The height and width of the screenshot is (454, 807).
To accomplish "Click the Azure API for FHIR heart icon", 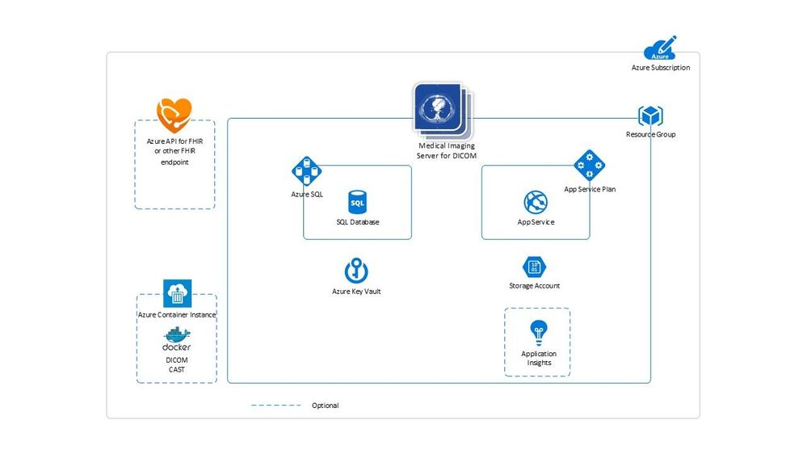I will (174, 116).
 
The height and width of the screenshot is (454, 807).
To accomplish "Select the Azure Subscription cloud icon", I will (660, 49).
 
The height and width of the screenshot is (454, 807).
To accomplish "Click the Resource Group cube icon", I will (650, 116).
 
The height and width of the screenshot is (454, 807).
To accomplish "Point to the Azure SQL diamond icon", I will (306, 171).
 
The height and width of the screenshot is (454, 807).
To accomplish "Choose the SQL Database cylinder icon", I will (357, 202).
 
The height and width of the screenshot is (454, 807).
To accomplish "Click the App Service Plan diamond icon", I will (590, 166).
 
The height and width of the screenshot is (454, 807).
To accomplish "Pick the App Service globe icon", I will (536, 203).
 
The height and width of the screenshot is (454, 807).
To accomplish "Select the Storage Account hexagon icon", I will (534, 267).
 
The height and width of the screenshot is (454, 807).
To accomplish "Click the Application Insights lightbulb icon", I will (538, 332).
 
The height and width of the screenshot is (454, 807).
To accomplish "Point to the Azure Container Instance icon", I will (177, 292).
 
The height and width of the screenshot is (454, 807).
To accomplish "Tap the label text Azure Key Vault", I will (356, 291).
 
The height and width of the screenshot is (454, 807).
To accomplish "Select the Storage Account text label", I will (534, 286).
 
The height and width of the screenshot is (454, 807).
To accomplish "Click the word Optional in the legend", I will (326, 406).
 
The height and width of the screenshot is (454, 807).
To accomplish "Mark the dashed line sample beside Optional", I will (275, 406).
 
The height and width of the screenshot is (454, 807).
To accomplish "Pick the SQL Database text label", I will (358, 222).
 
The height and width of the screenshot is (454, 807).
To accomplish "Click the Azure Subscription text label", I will (660, 68).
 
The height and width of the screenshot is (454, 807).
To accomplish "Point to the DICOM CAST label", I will (177, 364).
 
